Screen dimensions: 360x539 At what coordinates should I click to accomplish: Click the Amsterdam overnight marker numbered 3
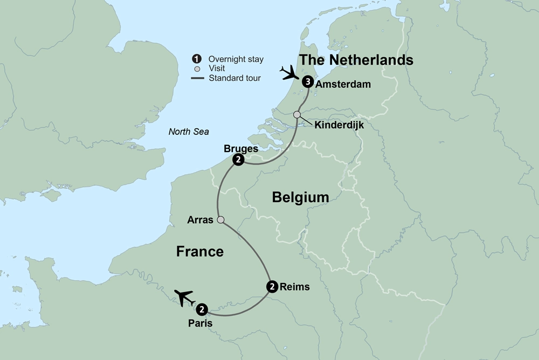(x=308, y=82)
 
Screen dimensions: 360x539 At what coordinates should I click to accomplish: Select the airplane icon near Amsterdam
(x=290, y=73)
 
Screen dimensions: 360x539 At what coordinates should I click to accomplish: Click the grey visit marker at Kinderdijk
(x=297, y=114)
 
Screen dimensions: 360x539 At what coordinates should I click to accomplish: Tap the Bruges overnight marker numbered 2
(x=238, y=160)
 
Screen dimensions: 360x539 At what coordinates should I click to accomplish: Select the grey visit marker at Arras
(x=220, y=219)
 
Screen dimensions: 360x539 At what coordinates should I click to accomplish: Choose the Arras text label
(x=199, y=220)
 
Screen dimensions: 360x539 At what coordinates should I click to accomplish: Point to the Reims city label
(x=295, y=287)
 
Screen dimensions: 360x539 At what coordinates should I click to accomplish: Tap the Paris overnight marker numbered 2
(x=201, y=309)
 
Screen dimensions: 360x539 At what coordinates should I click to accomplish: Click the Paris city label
(x=201, y=324)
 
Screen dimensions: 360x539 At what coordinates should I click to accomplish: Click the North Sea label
(x=188, y=131)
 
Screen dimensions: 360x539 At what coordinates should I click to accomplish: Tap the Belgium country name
(x=300, y=197)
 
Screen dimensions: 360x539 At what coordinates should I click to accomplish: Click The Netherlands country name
(x=356, y=60)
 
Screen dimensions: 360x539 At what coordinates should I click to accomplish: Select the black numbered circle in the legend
(x=197, y=59)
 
